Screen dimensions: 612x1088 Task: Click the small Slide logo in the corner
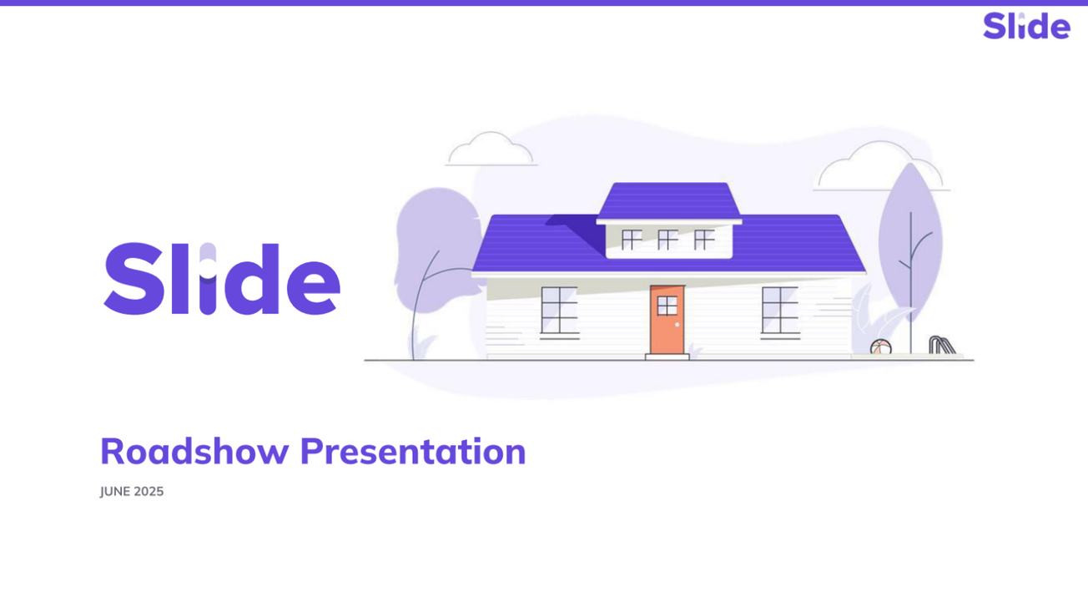(1026, 26)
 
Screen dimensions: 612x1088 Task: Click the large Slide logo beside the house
(222, 279)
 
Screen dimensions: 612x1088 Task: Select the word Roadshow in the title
(194, 452)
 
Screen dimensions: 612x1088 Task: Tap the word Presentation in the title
(413, 452)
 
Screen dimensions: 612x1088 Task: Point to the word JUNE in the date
(115, 491)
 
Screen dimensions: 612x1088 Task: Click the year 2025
(149, 491)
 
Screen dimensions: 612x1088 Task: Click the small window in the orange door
(667, 306)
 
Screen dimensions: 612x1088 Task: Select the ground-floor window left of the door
(559, 311)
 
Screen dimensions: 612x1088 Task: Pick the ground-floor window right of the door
(780, 311)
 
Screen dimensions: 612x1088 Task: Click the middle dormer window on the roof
(667, 240)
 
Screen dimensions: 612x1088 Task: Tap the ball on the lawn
(880, 347)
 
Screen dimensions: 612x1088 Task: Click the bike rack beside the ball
(942, 344)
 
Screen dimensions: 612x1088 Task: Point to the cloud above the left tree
(491, 150)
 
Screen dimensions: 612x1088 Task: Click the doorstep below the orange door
(667, 357)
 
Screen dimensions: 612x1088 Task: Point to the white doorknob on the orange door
(677, 325)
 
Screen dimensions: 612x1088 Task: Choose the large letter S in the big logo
(133, 279)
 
